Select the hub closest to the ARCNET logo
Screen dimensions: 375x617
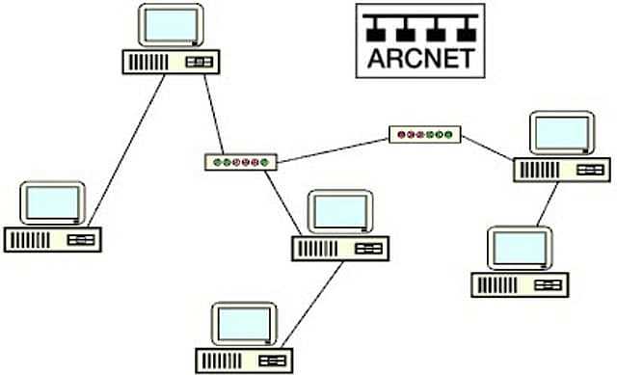[425, 135]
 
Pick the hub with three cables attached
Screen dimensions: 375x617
[240, 162]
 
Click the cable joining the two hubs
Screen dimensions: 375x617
[333, 148]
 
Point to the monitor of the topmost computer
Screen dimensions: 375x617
[171, 25]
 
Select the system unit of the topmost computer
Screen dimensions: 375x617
[170, 61]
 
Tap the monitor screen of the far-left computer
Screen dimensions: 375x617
[53, 201]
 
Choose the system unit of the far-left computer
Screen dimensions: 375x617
[52, 238]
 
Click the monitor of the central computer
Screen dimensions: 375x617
[339, 211]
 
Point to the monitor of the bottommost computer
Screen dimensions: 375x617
[245, 324]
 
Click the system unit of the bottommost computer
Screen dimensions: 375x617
[244, 360]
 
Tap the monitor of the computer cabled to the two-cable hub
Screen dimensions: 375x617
[562, 133]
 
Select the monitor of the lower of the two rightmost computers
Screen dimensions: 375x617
[520, 248]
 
